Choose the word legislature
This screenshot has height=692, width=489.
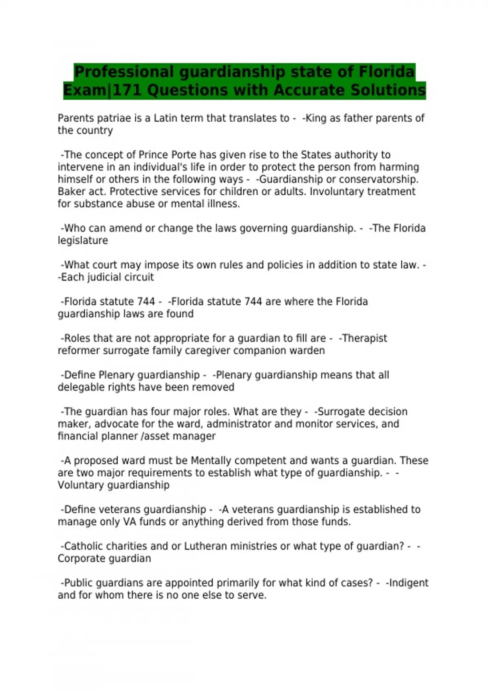pyautogui.click(x=83, y=241)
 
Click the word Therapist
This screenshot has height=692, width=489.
pyautogui.click(x=365, y=338)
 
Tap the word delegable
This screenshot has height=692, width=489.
pyautogui.click(x=79, y=387)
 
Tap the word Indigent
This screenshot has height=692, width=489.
pyautogui.click(x=409, y=583)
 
